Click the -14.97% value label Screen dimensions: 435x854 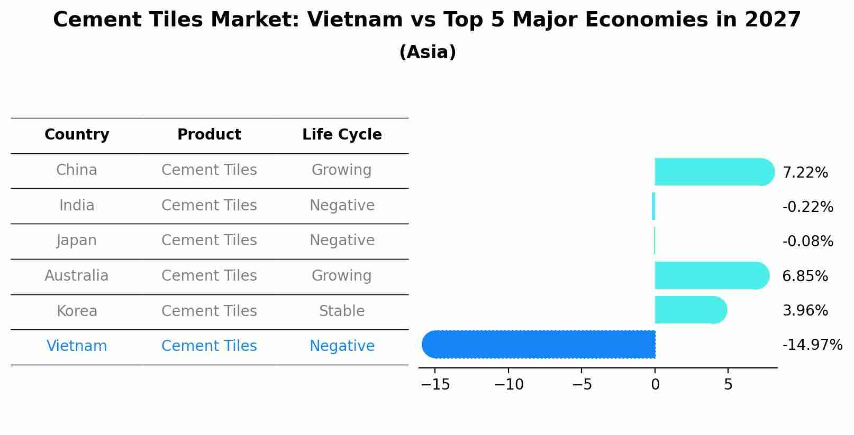click(x=812, y=345)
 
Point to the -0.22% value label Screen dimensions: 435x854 click(x=807, y=207)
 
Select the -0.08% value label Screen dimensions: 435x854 click(x=807, y=242)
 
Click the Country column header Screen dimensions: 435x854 click(x=77, y=135)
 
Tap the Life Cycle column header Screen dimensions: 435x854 click(x=342, y=135)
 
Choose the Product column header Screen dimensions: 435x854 click(x=209, y=135)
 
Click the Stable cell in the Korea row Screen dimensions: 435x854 click(x=342, y=311)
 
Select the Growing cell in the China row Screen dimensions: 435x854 click(x=342, y=170)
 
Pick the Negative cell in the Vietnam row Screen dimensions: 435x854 click(x=342, y=346)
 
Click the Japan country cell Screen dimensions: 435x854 click(x=77, y=240)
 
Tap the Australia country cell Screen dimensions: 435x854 click(x=77, y=276)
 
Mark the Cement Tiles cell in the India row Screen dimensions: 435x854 click(x=209, y=205)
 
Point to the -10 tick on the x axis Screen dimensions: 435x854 click(x=508, y=385)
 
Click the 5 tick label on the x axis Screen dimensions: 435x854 click(x=728, y=385)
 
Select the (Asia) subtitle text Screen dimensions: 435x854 click(x=428, y=52)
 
